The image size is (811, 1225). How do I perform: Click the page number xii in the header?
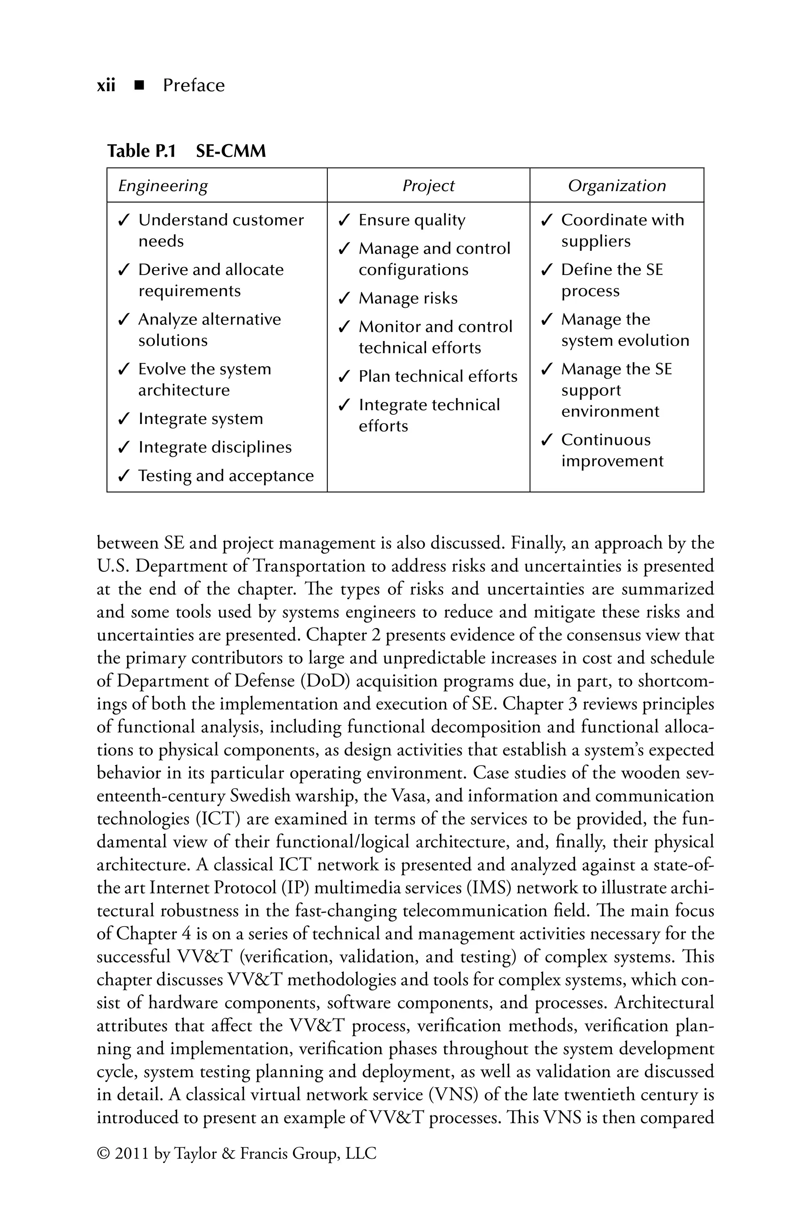(106, 85)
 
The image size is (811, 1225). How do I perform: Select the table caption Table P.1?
(141, 151)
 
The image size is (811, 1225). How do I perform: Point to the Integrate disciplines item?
(215, 447)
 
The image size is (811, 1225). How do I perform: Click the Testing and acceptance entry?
(225, 475)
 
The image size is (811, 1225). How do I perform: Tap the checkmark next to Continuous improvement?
(546, 440)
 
